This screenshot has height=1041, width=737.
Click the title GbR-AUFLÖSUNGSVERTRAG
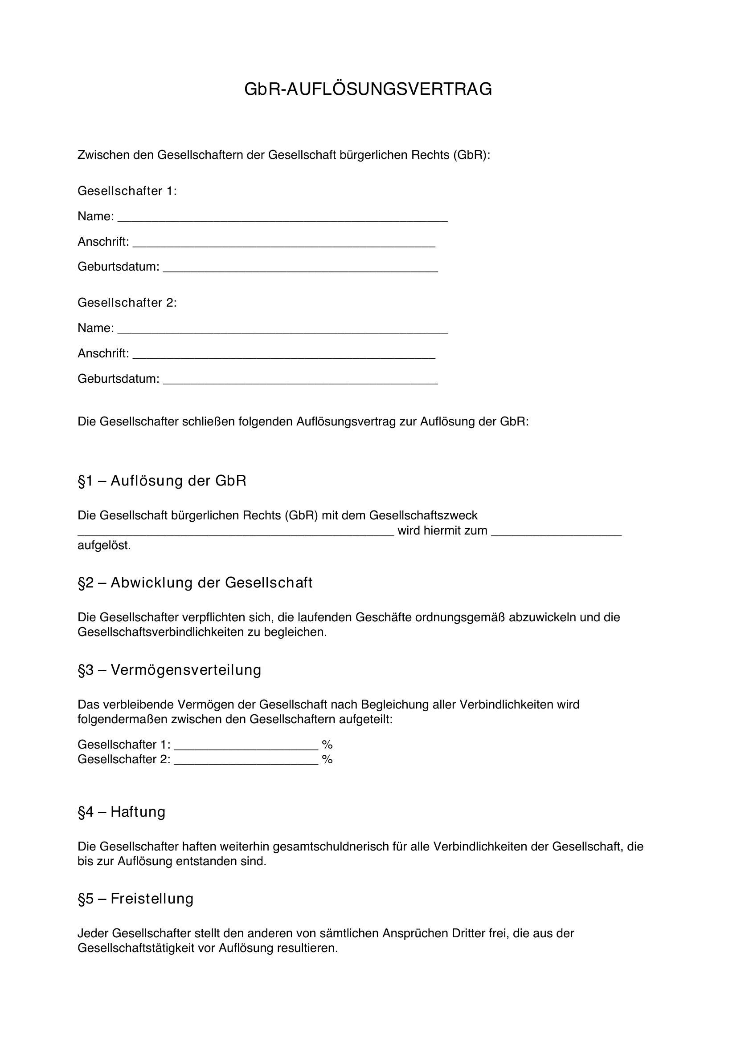[x=368, y=89]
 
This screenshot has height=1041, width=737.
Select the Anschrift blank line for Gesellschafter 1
[x=284, y=244]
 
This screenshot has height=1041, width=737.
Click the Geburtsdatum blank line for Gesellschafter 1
[x=300, y=269]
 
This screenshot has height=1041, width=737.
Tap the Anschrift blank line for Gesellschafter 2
[x=284, y=356]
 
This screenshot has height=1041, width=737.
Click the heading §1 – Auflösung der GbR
[x=162, y=481]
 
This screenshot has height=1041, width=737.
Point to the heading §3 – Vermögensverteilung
[x=169, y=670]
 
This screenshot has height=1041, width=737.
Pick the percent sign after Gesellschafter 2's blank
[x=327, y=760]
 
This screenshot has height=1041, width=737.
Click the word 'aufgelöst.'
[x=104, y=546]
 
